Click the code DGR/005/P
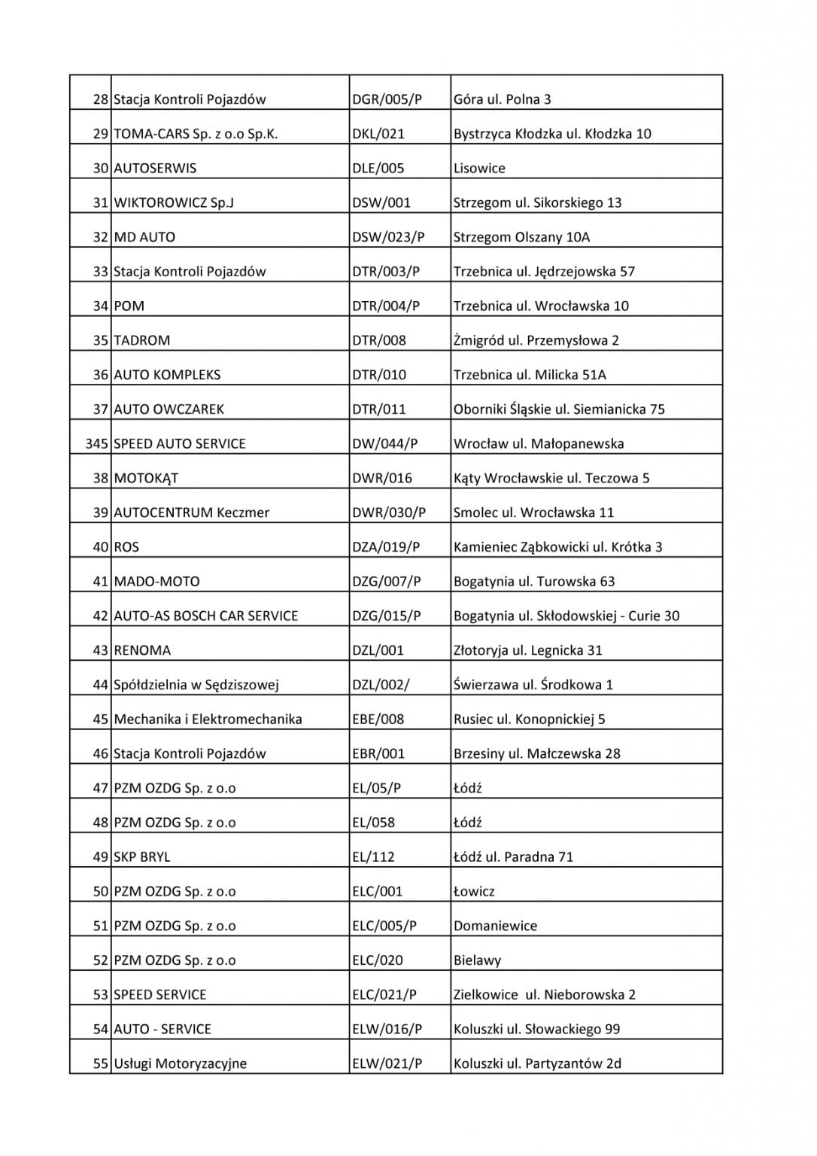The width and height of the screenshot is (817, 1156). click(387, 99)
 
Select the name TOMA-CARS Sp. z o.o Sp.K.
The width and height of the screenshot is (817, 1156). click(196, 134)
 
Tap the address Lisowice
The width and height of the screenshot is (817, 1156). click(479, 169)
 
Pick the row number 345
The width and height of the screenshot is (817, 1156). click(97, 444)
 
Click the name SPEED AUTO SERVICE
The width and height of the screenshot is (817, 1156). click(180, 444)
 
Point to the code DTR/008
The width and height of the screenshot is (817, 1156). click(378, 341)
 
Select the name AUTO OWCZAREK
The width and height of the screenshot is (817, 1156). click(169, 409)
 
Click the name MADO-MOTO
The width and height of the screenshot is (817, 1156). click(156, 582)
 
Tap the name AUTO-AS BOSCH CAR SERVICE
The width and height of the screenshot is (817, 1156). click(205, 616)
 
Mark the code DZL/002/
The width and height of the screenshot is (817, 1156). click(381, 685)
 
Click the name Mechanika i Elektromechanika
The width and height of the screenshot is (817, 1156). click(208, 719)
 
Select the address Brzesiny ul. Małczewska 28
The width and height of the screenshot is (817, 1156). click(536, 754)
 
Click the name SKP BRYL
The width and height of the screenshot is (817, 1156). click(141, 857)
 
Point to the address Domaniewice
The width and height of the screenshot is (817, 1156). click(495, 926)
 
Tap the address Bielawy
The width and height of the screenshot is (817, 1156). click(477, 961)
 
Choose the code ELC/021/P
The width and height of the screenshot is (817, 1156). click(384, 995)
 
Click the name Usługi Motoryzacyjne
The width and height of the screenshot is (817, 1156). click(180, 1064)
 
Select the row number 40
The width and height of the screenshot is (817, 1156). click(101, 547)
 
